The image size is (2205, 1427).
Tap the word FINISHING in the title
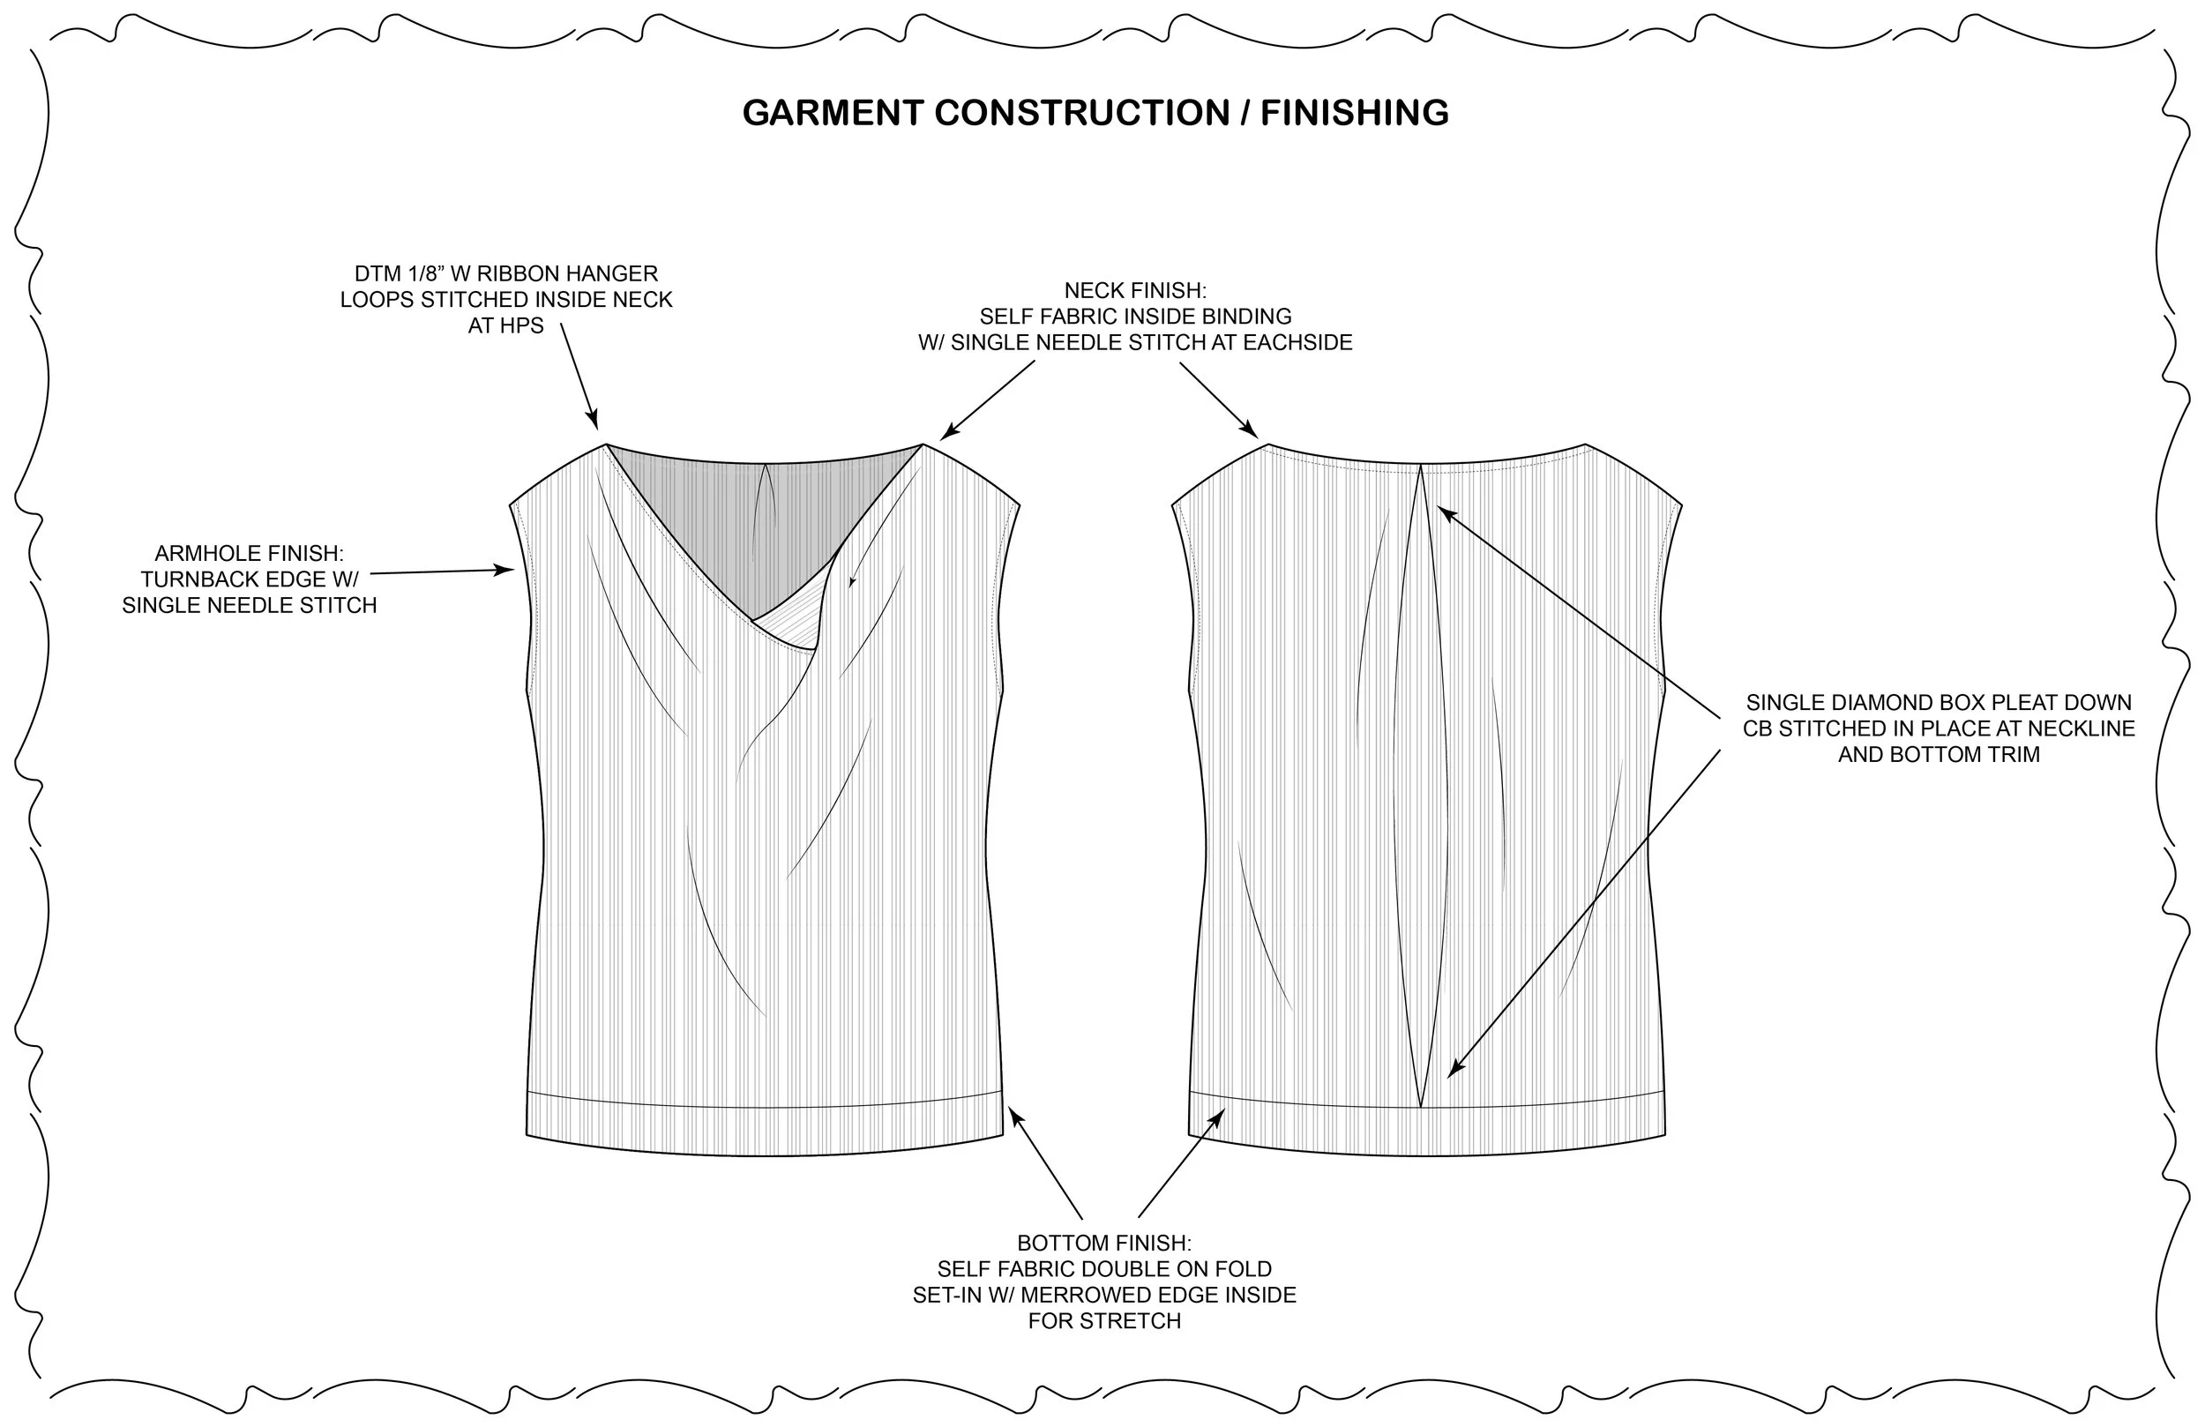click(x=1355, y=113)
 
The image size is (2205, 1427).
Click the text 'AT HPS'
click(x=506, y=326)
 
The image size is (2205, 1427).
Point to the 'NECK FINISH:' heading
click(x=1135, y=291)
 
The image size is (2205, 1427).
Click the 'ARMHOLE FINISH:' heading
click(x=250, y=553)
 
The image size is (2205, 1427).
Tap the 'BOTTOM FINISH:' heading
click(x=1104, y=1244)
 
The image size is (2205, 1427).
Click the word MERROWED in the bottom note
click(x=1105, y=1296)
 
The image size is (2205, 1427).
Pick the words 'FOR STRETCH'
click(x=1104, y=1321)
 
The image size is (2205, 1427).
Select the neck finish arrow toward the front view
click(x=988, y=400)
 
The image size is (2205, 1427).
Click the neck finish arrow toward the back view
click(x=1218, y=400)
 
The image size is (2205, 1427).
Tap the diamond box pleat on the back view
click(x=1420, y=788)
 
